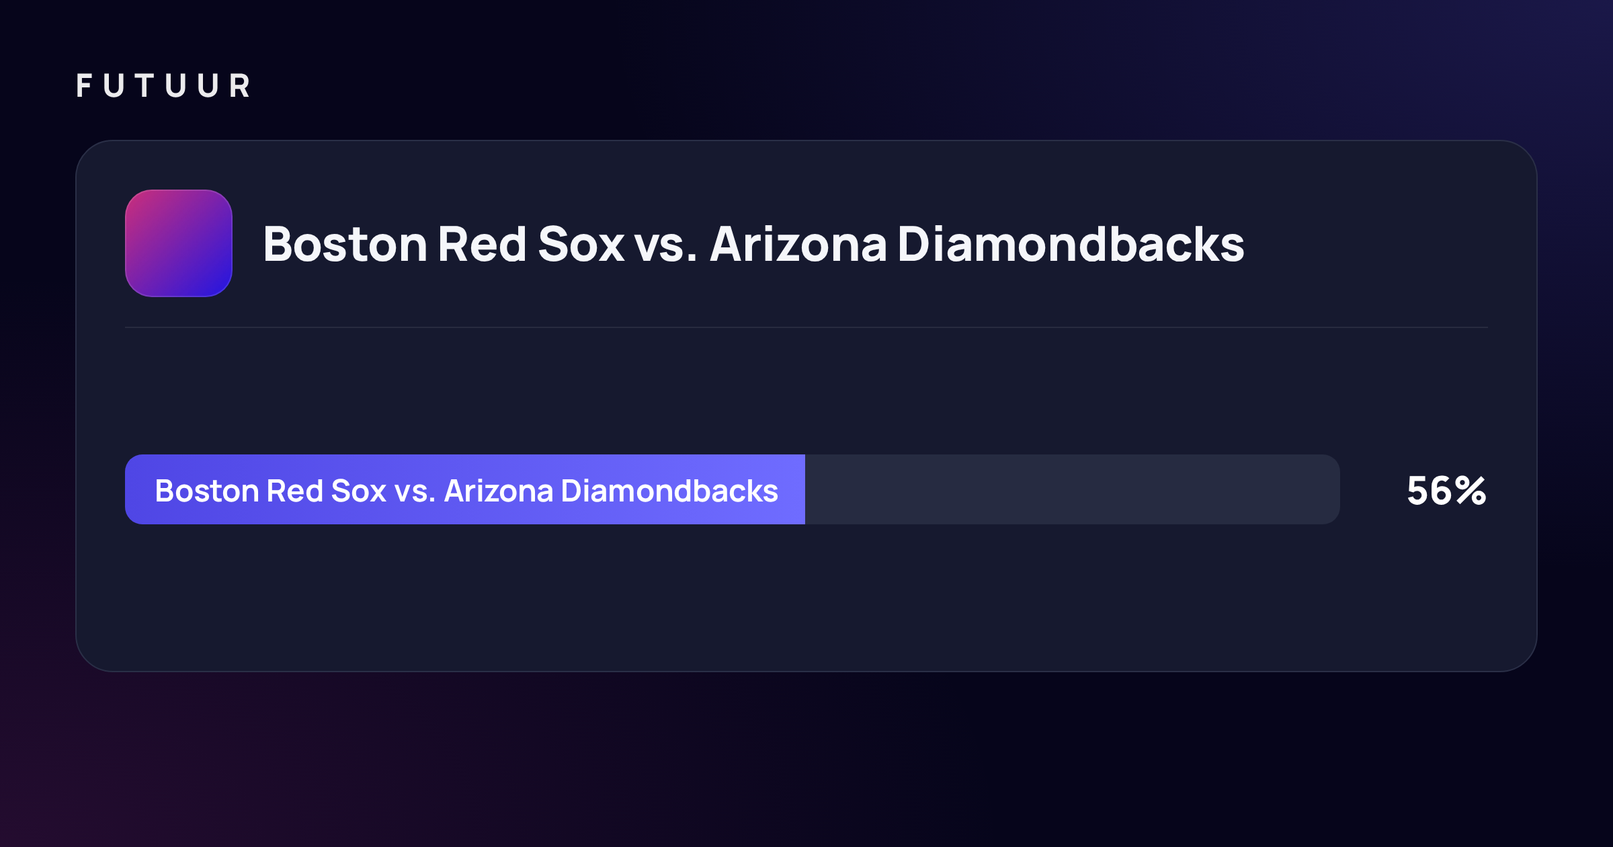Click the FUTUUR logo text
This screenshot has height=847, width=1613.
(x=163, y=86)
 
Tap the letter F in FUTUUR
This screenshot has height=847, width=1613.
(x=84, y=86)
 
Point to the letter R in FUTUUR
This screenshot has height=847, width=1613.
(x=239, y=86)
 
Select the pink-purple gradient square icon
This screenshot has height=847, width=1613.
(x=179, y=243)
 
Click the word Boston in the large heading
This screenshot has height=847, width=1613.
(x=345, y=244)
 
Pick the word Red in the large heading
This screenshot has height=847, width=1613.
(x=482, y=243)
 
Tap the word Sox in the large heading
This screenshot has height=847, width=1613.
(x=581, y=244)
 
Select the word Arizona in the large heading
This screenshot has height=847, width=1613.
(x=798, y=244)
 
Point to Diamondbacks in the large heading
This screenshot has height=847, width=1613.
(x=1071, y=243)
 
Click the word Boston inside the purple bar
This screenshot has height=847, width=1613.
(x=207, y=491)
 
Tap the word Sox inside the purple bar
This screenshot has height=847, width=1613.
(x=359, y=491)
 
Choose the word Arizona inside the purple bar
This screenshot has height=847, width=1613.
(x=499, y=491)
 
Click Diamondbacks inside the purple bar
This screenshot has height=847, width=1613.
(x=669, y=491)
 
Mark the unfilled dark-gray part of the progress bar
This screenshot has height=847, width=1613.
(x=1073, y=489)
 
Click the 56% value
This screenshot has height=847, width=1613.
(x=1446, y=491)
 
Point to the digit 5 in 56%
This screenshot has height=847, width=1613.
(x=1418, y=491)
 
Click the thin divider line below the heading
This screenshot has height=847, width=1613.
(x=806, y=327)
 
